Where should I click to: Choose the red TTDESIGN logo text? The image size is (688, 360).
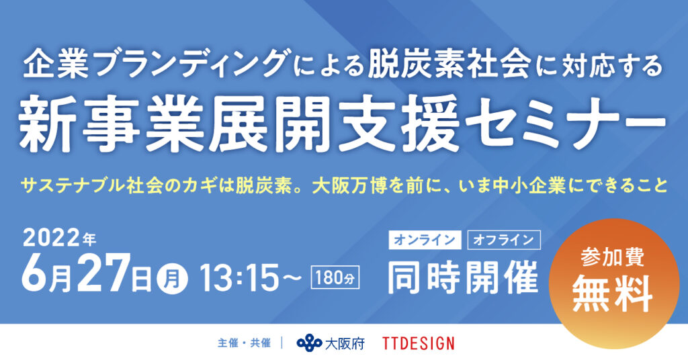coord(418,343)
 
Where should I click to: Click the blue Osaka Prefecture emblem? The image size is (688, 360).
coord(308,343)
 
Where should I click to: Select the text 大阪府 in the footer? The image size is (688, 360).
coord(345,343)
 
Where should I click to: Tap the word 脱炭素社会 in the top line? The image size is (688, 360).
coord(431,65)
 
